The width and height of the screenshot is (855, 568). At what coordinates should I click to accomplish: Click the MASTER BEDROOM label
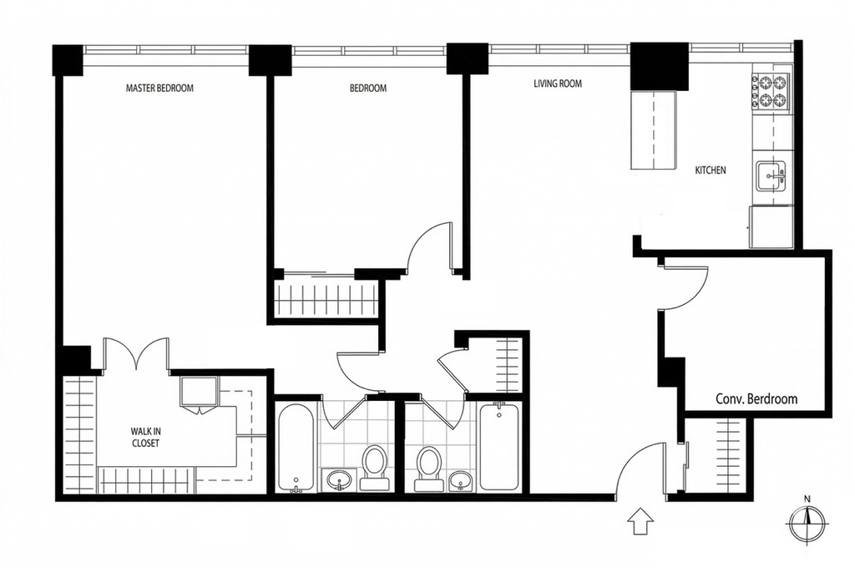(159, 88)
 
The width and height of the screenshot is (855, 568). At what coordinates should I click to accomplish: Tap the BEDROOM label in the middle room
(368, 88)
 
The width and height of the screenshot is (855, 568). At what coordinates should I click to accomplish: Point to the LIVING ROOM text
(557, 84)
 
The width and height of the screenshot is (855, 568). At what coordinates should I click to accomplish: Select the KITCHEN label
(710, 170)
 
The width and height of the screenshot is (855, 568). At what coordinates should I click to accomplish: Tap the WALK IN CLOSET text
(145, 437)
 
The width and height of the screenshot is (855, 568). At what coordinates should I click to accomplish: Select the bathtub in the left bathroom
(296, 448)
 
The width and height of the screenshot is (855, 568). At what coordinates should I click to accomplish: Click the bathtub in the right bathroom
(498, 446)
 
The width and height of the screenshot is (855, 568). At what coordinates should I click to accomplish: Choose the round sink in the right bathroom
(461, 481)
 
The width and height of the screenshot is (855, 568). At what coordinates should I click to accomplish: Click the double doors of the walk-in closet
(136, 355)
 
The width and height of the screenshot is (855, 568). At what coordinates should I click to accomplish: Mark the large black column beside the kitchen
(660, 66)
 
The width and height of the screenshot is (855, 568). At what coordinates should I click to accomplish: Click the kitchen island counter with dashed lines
(654, 129)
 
